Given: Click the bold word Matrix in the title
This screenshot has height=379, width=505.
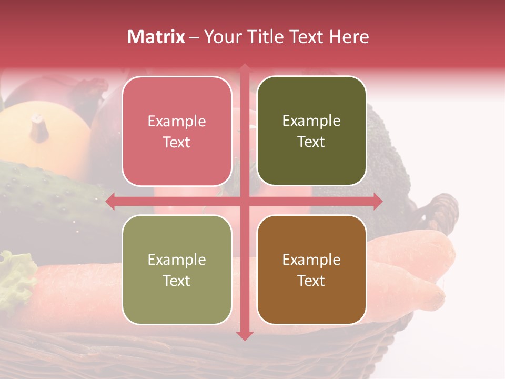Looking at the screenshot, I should (x=156, y=37).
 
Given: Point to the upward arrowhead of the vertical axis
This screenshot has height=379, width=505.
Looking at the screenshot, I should (x=245, y=69).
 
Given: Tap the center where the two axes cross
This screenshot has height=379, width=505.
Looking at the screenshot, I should (x=245, y=202).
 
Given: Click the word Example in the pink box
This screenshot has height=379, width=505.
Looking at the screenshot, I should (x=177, y=122).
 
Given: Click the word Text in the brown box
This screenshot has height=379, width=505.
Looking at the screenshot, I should (x=311, y=281).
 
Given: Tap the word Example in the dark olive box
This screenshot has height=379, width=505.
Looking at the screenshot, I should (x=311, y=121).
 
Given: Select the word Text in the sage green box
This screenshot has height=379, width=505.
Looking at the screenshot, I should (x=177, y=281).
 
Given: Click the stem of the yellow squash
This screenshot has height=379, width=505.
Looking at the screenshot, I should (x=38, y=126).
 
